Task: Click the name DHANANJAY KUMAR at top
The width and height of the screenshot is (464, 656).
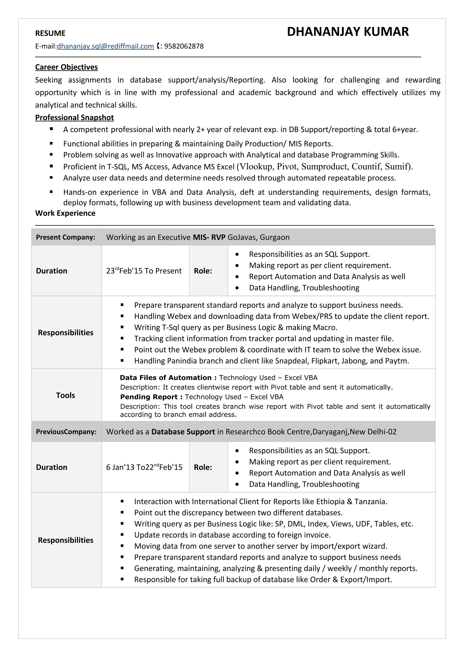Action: pyautogui.click(x=348, y=32)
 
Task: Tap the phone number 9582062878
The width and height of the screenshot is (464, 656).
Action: pyautogui.click(x=184, y=46)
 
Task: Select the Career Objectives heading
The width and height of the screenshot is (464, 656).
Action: pyautogui.click(x=66, y=67)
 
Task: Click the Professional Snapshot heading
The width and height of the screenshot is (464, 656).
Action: pyautogui.click(x=74, y=118)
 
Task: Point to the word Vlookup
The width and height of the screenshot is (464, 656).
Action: pyautogui.click(x=256, y=167)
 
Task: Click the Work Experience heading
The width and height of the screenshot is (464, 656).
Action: pyautogui.click(x=65, y=213)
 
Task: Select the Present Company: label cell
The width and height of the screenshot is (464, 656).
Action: pyautogui.click(x=65, y=237)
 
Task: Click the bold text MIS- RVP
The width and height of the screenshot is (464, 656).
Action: pyautogui.click(x=209, y=237)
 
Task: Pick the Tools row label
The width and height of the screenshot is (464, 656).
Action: pyautogui.click(x=65, y=395)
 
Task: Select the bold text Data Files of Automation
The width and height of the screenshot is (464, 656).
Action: pyautogui.click(x=166, y=378)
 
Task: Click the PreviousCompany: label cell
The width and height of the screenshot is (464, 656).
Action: pyautogui.click(x=66, y=432)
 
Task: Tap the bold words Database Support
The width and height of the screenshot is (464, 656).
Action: pyautogui.click(x=183, y=432)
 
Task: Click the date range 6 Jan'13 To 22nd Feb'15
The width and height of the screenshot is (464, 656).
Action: pyautogui.click(x=144, y=467)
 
